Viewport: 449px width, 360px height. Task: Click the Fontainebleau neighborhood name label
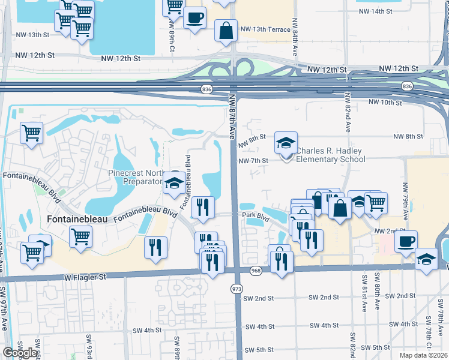pos(76,220)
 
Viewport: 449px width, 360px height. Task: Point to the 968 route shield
pos(256,271)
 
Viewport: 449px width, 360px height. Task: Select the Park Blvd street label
pos(253,214)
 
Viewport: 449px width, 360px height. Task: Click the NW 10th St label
pos(385,103)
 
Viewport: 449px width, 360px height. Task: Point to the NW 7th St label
pos(252,161)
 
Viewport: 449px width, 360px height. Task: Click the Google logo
pos(20,353)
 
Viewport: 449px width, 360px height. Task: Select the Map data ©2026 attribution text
pos(424,355)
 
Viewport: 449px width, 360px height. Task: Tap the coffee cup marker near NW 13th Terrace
pos(194,18)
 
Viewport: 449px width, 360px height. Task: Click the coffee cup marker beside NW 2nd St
pos(406,241)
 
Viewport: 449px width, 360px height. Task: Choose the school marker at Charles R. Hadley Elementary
pos(286,143)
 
